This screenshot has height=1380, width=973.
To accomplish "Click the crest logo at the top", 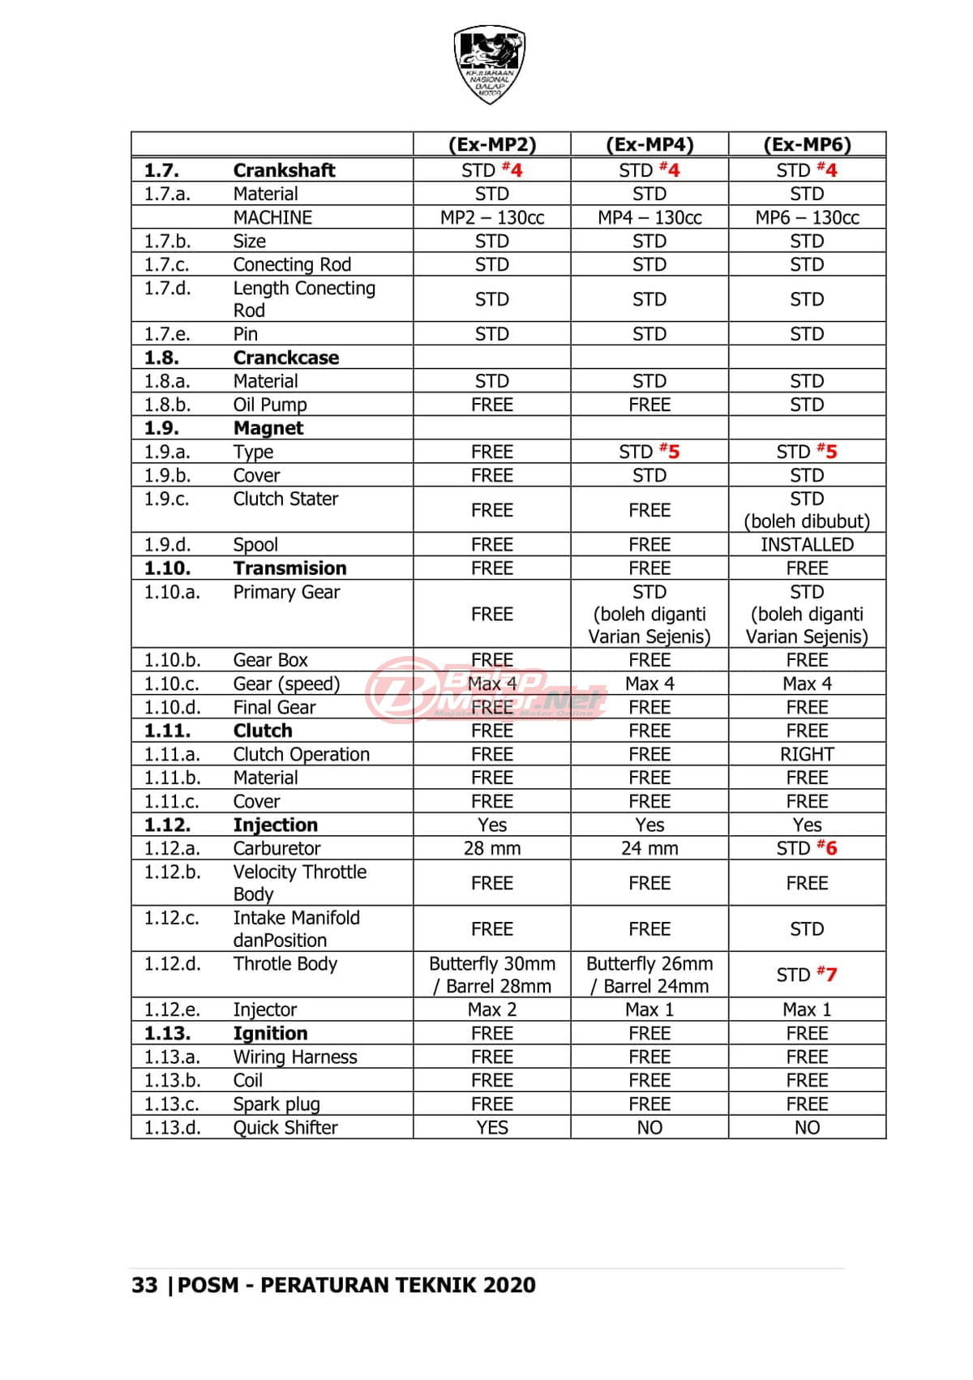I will (489, 63).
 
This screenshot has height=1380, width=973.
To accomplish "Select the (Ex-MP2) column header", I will (492, 144).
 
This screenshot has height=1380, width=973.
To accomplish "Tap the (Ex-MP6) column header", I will (807, 144).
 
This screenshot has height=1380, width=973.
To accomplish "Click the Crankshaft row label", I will (284, 170).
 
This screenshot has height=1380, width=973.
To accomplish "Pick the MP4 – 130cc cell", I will (649, 217).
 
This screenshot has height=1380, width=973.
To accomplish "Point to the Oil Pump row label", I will (270, 405).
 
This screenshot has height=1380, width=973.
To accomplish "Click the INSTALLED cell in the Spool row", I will (807, 545).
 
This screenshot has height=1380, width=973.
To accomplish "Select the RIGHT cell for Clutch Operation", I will (807, 754).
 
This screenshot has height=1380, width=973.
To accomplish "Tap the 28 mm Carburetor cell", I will (492, 848).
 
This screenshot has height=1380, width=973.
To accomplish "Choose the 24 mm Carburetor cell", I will (649, 848).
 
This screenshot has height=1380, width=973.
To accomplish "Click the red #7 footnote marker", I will (827, 974).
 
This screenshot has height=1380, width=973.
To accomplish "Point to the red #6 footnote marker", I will (827, 847).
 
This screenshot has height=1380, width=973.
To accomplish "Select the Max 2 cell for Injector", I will (492, 1009).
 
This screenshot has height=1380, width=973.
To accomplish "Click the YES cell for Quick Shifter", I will (492, 1128).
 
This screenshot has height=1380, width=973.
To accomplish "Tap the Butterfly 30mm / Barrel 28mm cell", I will (492, 975).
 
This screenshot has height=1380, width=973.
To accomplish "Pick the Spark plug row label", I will (276, 1104).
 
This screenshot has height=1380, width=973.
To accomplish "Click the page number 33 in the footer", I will (144, 1285).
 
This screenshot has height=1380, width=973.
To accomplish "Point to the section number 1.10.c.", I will (171, 684).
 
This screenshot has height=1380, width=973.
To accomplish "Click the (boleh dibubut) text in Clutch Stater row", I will (807, 521).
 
